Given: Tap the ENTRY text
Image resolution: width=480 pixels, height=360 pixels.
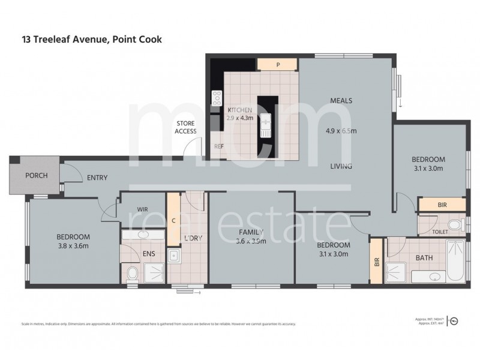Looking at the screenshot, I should [x=98, y=178].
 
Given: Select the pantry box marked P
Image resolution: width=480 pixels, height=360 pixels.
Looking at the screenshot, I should [x=278, y=64].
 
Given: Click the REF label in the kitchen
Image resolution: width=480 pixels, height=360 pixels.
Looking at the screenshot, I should [x=219, y=146].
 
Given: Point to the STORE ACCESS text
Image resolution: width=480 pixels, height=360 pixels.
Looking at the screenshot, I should [x=185, y=127].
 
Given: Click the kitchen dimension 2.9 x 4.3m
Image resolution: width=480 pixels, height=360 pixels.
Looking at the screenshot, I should [x=240, y=118].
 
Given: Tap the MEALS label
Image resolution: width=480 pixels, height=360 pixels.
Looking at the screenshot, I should [x=341, y=101].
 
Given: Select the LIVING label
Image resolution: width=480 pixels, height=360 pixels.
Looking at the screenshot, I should [x=340, y=166].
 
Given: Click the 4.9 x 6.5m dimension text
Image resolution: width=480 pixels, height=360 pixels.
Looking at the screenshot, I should [x=341, y=131].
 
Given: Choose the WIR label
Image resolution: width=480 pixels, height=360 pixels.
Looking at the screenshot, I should [x=143, y=209].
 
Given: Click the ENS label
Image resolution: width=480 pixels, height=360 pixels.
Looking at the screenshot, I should [x=149, y=254].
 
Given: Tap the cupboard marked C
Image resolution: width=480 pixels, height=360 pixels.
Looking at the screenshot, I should [x=173, y=220].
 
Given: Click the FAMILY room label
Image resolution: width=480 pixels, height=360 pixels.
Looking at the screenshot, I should [x=251, y=232].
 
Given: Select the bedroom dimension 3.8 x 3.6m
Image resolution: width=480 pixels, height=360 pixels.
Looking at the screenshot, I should [x=74, y=245].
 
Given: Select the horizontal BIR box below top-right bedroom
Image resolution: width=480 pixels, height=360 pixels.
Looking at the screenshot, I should [x=442, y=205].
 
